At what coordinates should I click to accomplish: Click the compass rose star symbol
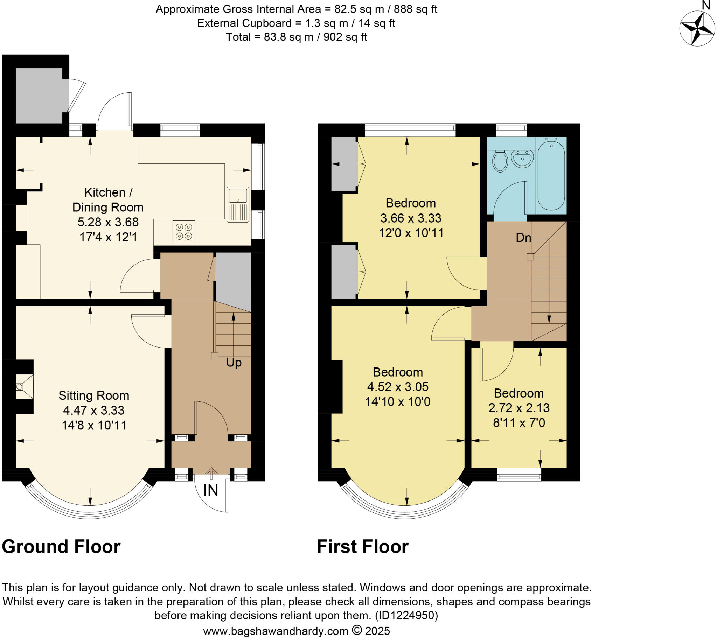tap(697, 28)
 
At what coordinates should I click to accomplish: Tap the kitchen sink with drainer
tap(238, 205)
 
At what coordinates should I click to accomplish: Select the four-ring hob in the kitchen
tap(183, 231)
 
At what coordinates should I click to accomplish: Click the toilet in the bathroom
tap(500, 161)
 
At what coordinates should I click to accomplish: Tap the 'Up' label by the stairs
tap(234, 362)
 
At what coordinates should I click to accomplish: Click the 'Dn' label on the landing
tap(523, 238)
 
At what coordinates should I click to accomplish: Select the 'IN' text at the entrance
tap(210, 490)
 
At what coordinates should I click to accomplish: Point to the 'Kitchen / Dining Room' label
tap(108, 199)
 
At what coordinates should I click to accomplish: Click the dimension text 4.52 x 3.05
tap(397, 386)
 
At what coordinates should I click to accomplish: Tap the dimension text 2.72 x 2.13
tap(519, 408)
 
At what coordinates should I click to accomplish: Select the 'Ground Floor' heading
tap(61, 546)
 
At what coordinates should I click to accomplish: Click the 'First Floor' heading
tap(362, 546)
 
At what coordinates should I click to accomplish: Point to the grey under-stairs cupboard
tap(233, 279)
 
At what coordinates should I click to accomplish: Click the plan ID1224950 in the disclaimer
tap(406, 615)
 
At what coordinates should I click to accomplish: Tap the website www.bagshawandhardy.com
tap(276, 631)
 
